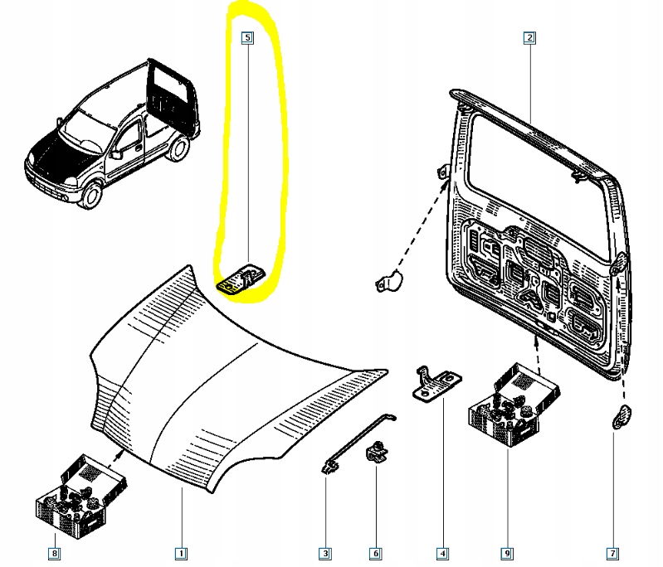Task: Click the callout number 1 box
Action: coord(180,552)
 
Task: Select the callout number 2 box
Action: coord(529,37)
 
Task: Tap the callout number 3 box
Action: coord(325,552)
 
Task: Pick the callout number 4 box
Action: coord(443,552)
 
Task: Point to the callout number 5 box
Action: coord(247,37)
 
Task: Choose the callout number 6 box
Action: coord(375,552)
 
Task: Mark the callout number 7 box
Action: coord(612,552)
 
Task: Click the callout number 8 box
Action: coord(54,552)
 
